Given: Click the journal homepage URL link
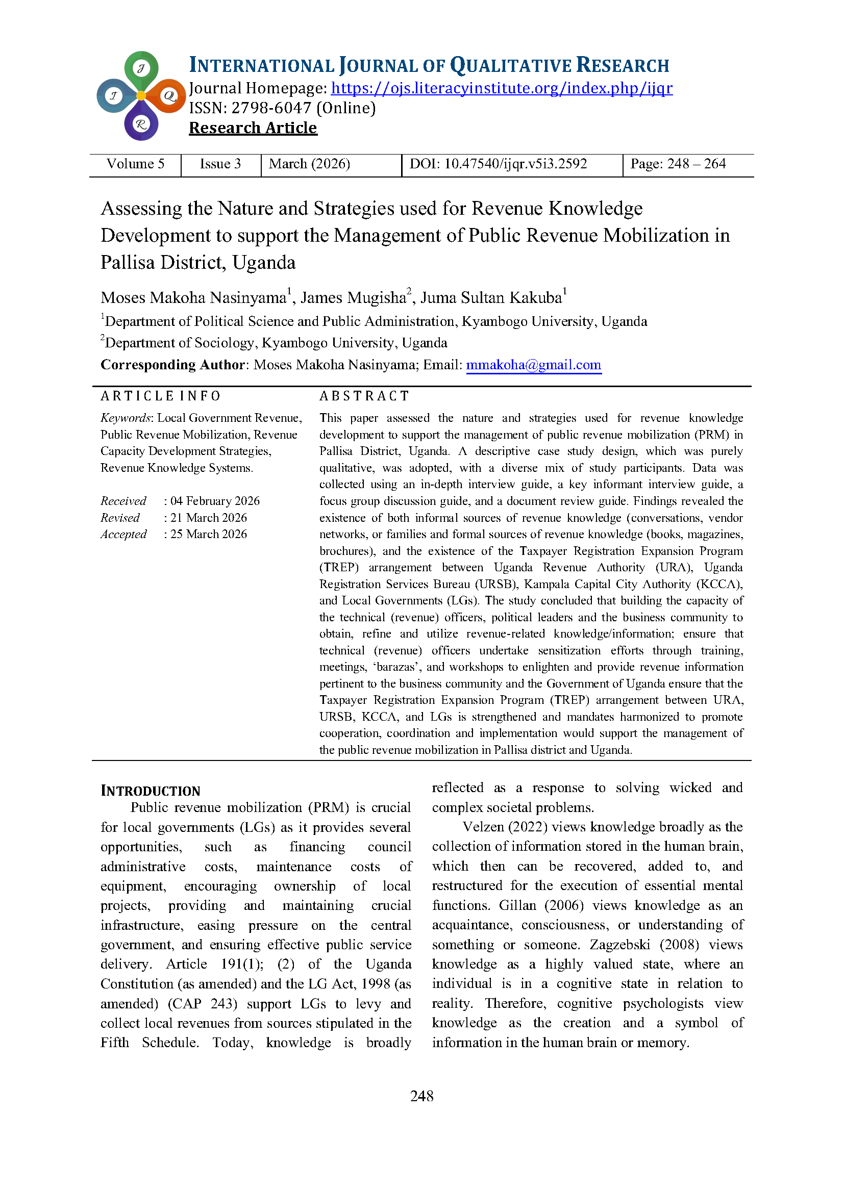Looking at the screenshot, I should click(502, 88).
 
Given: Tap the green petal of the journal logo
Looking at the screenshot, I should click(141, 68).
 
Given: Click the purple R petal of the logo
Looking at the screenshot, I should click(141, 123).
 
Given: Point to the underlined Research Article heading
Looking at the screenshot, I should click(253, 128).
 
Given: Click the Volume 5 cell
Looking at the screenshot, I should click(135, 164).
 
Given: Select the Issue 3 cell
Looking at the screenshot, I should click(220, 164).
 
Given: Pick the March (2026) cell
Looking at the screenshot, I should click(309, 164).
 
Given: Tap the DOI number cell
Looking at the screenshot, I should click(498, 164).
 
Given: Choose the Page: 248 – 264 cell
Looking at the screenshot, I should click(678, 164).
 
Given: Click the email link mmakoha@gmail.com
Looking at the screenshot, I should click(533, 365).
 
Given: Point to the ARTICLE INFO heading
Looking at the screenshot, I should click(160, 396).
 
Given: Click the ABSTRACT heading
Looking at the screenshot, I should click(364, 396).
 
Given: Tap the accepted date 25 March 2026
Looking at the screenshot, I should click(208, 534).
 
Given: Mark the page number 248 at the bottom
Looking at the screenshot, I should click(421, 1097).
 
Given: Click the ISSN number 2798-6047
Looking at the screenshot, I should click(271, 108).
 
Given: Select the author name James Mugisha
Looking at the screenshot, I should click(354, 298).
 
